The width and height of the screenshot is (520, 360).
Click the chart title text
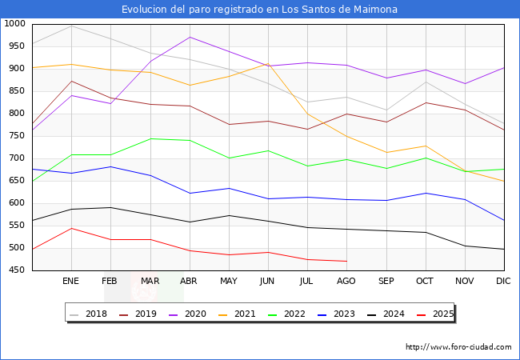click(x=259, y=10)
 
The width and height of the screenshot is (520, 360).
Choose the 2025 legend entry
click(x=441, y=314)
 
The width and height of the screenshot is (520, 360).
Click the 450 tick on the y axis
click(x=17, y=270)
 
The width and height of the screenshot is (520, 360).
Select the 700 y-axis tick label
click(x=17, y=158)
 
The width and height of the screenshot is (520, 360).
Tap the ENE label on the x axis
click(x=71, y=282)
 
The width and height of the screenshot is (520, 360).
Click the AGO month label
click(x=346, y=282)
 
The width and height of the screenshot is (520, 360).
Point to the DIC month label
click(x=503, y=282)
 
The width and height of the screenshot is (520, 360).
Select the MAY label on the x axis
click(x=228, y=282)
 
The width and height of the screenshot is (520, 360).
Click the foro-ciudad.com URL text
click(x=458, y=347)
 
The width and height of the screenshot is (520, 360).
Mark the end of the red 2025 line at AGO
click(x=346, y=261)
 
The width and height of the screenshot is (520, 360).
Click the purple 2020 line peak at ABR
click(x=189, y=37)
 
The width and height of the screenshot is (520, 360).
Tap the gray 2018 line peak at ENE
click(x=71, y=26)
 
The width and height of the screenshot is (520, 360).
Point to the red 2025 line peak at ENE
click(x=71, y=228)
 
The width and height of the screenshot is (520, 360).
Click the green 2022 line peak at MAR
click(x=150, y=138)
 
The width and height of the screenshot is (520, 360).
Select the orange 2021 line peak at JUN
click(x=267, y=63)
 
